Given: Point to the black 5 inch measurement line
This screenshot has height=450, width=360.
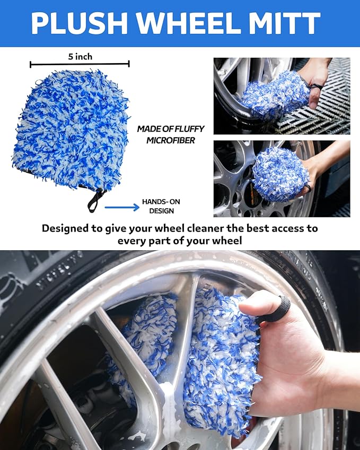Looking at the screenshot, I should click(80, 64).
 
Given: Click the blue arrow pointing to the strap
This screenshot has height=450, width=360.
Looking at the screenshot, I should click(122, 207).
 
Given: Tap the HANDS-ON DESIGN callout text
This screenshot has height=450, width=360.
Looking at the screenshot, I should click(158, 207).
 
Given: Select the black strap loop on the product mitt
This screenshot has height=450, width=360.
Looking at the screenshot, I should click(97, 198).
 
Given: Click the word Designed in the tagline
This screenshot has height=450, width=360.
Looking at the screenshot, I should click(68, 228).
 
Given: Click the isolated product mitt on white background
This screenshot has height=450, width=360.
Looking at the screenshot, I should click(71, 130).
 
